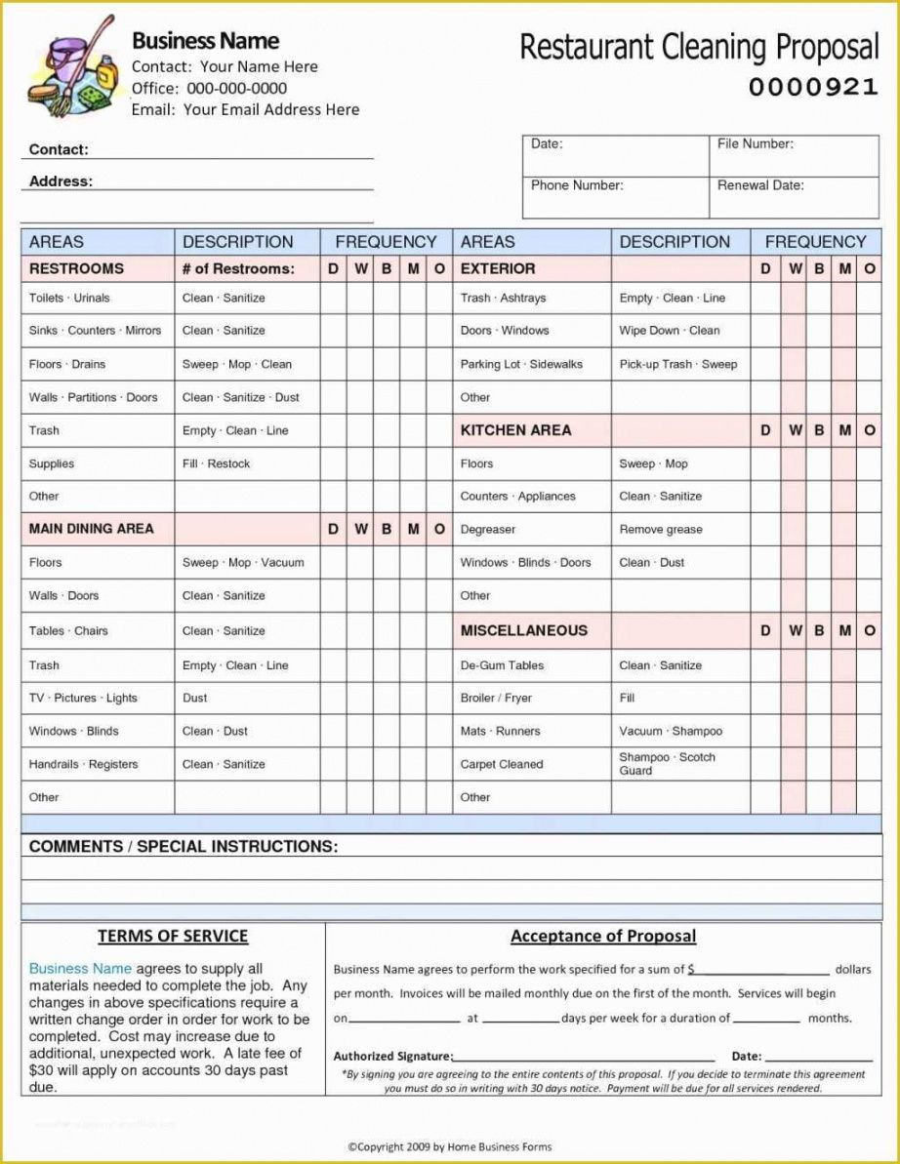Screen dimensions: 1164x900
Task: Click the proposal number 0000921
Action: pos(813,88)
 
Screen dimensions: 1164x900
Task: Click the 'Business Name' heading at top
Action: pos(205,41)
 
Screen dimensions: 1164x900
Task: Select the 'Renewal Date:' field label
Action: pos(760,185)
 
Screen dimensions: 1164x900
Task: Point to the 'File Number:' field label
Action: pos(755,144)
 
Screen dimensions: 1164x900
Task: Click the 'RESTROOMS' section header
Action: pos(76,268)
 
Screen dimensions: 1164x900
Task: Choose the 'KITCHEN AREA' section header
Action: pos(515,430)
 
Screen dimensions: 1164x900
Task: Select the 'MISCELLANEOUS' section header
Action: pos(524,630)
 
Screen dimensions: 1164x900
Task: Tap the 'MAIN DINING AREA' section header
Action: pos(91,529)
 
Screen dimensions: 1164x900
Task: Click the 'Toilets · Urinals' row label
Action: pos(69,299)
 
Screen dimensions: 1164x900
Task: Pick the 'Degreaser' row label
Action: pos(488,530)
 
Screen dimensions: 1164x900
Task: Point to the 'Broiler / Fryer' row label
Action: pos(496,699)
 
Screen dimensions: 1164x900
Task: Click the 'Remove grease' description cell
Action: pos(660,530)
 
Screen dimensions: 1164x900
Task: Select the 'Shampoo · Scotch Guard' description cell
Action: pos(667,764)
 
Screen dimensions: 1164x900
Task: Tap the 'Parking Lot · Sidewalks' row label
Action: pos(521,365)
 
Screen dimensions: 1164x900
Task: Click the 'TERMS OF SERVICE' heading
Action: pos(173,937)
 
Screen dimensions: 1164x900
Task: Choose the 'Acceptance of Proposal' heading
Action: pos(603,937)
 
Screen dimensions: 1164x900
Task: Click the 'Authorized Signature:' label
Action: pos(392,1057)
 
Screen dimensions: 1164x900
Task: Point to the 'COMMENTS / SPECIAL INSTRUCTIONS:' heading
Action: pos(184,847)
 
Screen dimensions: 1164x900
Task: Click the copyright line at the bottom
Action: pos(450,1146)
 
